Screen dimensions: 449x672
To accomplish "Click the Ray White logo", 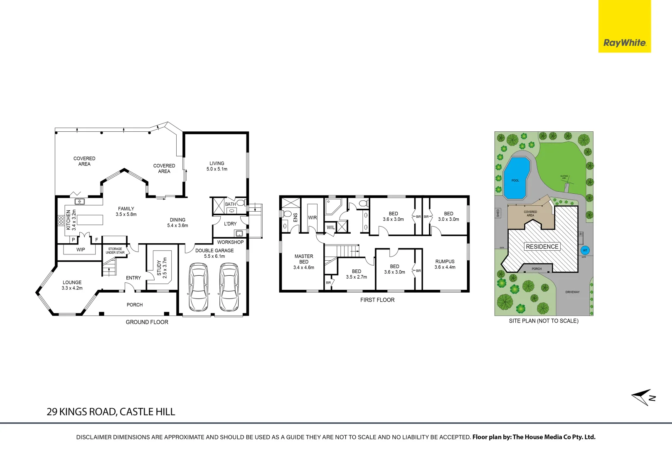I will (624, 42).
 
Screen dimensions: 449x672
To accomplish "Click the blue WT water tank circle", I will (585, 250).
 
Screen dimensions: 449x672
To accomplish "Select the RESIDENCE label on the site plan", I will (542, 247).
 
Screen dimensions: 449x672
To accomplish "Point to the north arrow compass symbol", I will (642, 397).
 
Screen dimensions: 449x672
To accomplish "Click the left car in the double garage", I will (198, 287).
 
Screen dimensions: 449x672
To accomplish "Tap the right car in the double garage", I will (229, 287).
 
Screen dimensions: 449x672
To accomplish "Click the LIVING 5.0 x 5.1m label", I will (217, 166).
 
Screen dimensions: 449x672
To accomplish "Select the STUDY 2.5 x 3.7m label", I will (162, 268).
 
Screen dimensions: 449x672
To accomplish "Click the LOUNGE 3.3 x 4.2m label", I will (72, 285).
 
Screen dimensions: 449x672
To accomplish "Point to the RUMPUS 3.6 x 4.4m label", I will (445, 264).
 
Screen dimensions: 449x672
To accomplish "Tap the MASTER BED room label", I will (304, 262).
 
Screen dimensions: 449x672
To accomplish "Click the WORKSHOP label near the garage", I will (230, 242).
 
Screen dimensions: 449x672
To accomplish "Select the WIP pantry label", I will (81, 249).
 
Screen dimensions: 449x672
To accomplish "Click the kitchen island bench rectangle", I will (89, 220).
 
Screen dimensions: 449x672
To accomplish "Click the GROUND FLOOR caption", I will (147, 322).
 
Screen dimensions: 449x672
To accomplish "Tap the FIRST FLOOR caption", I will (377, 300).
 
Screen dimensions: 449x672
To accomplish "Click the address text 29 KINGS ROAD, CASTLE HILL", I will (111, 412).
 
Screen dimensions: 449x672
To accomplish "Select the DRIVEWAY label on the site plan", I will (572, 292).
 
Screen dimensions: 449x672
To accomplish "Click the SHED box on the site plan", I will (498, 213).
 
